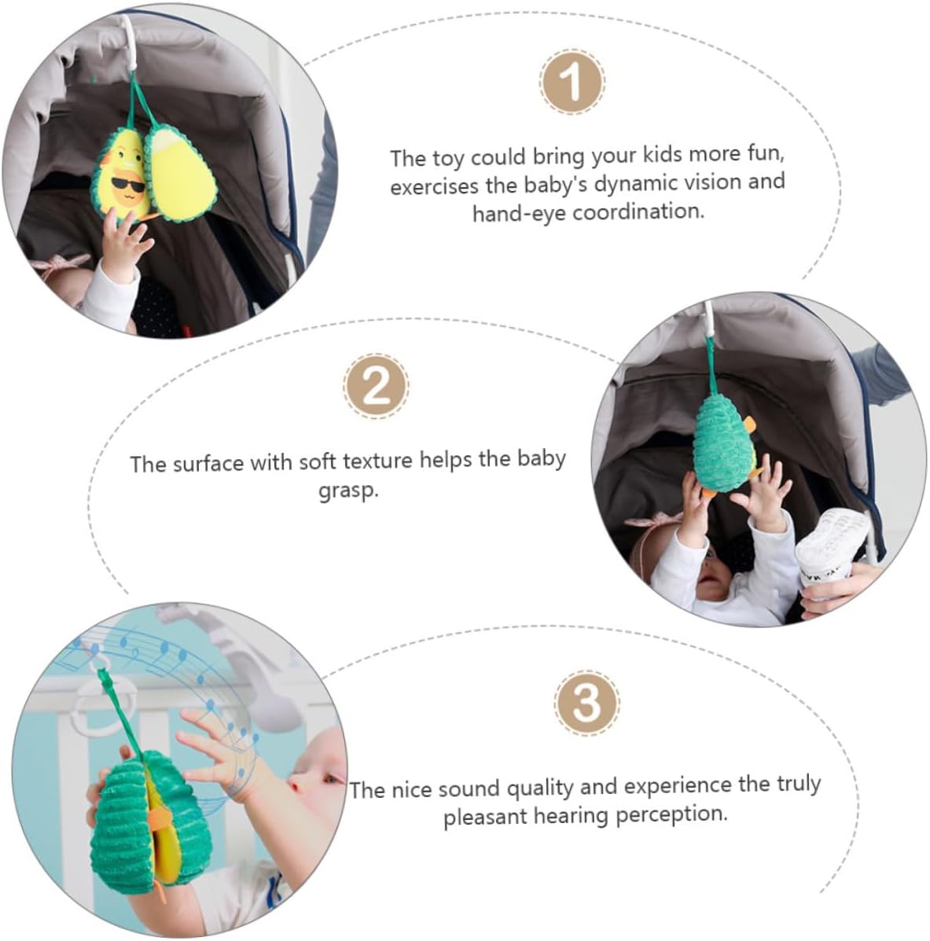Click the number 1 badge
click(x=572, y=82)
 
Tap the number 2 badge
click(x=377, y=386)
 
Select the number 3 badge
click(x=586, y=703)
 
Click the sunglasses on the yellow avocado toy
click(x=128, y=185)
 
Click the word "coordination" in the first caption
click(x=638, y=211)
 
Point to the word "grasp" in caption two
click(x=348, y=491)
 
